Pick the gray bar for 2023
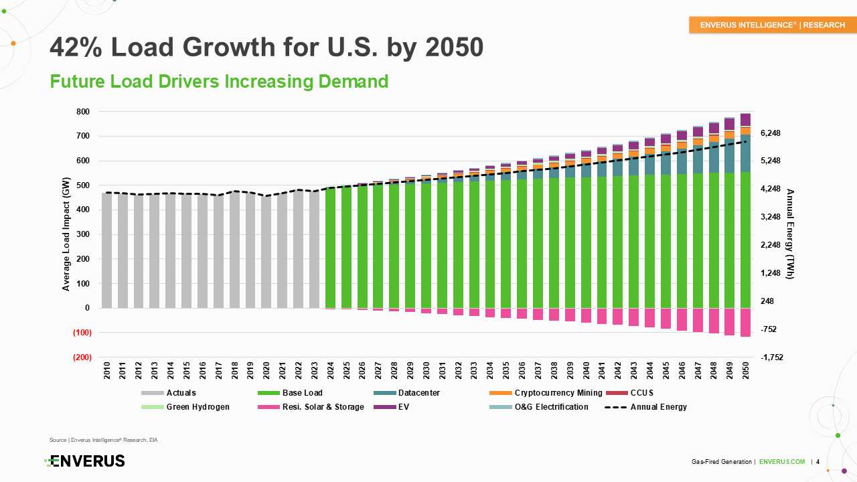[x=314, y=249]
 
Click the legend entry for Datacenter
[x=418, y=393]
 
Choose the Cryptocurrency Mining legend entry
[x=558, y=393]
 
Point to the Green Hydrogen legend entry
[x=198, y=407]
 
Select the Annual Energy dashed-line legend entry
[x=658, y=407]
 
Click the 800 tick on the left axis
[x=84, y=112]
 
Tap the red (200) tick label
[x=82, y=357]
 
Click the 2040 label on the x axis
[x=586, y=372]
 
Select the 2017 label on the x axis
[x=218, y=372]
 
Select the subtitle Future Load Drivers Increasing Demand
[x=219, y=82]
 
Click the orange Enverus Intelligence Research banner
[x=772, y=25]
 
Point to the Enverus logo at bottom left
[x=84, y=461]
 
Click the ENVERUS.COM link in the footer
[x=782, y=462]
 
